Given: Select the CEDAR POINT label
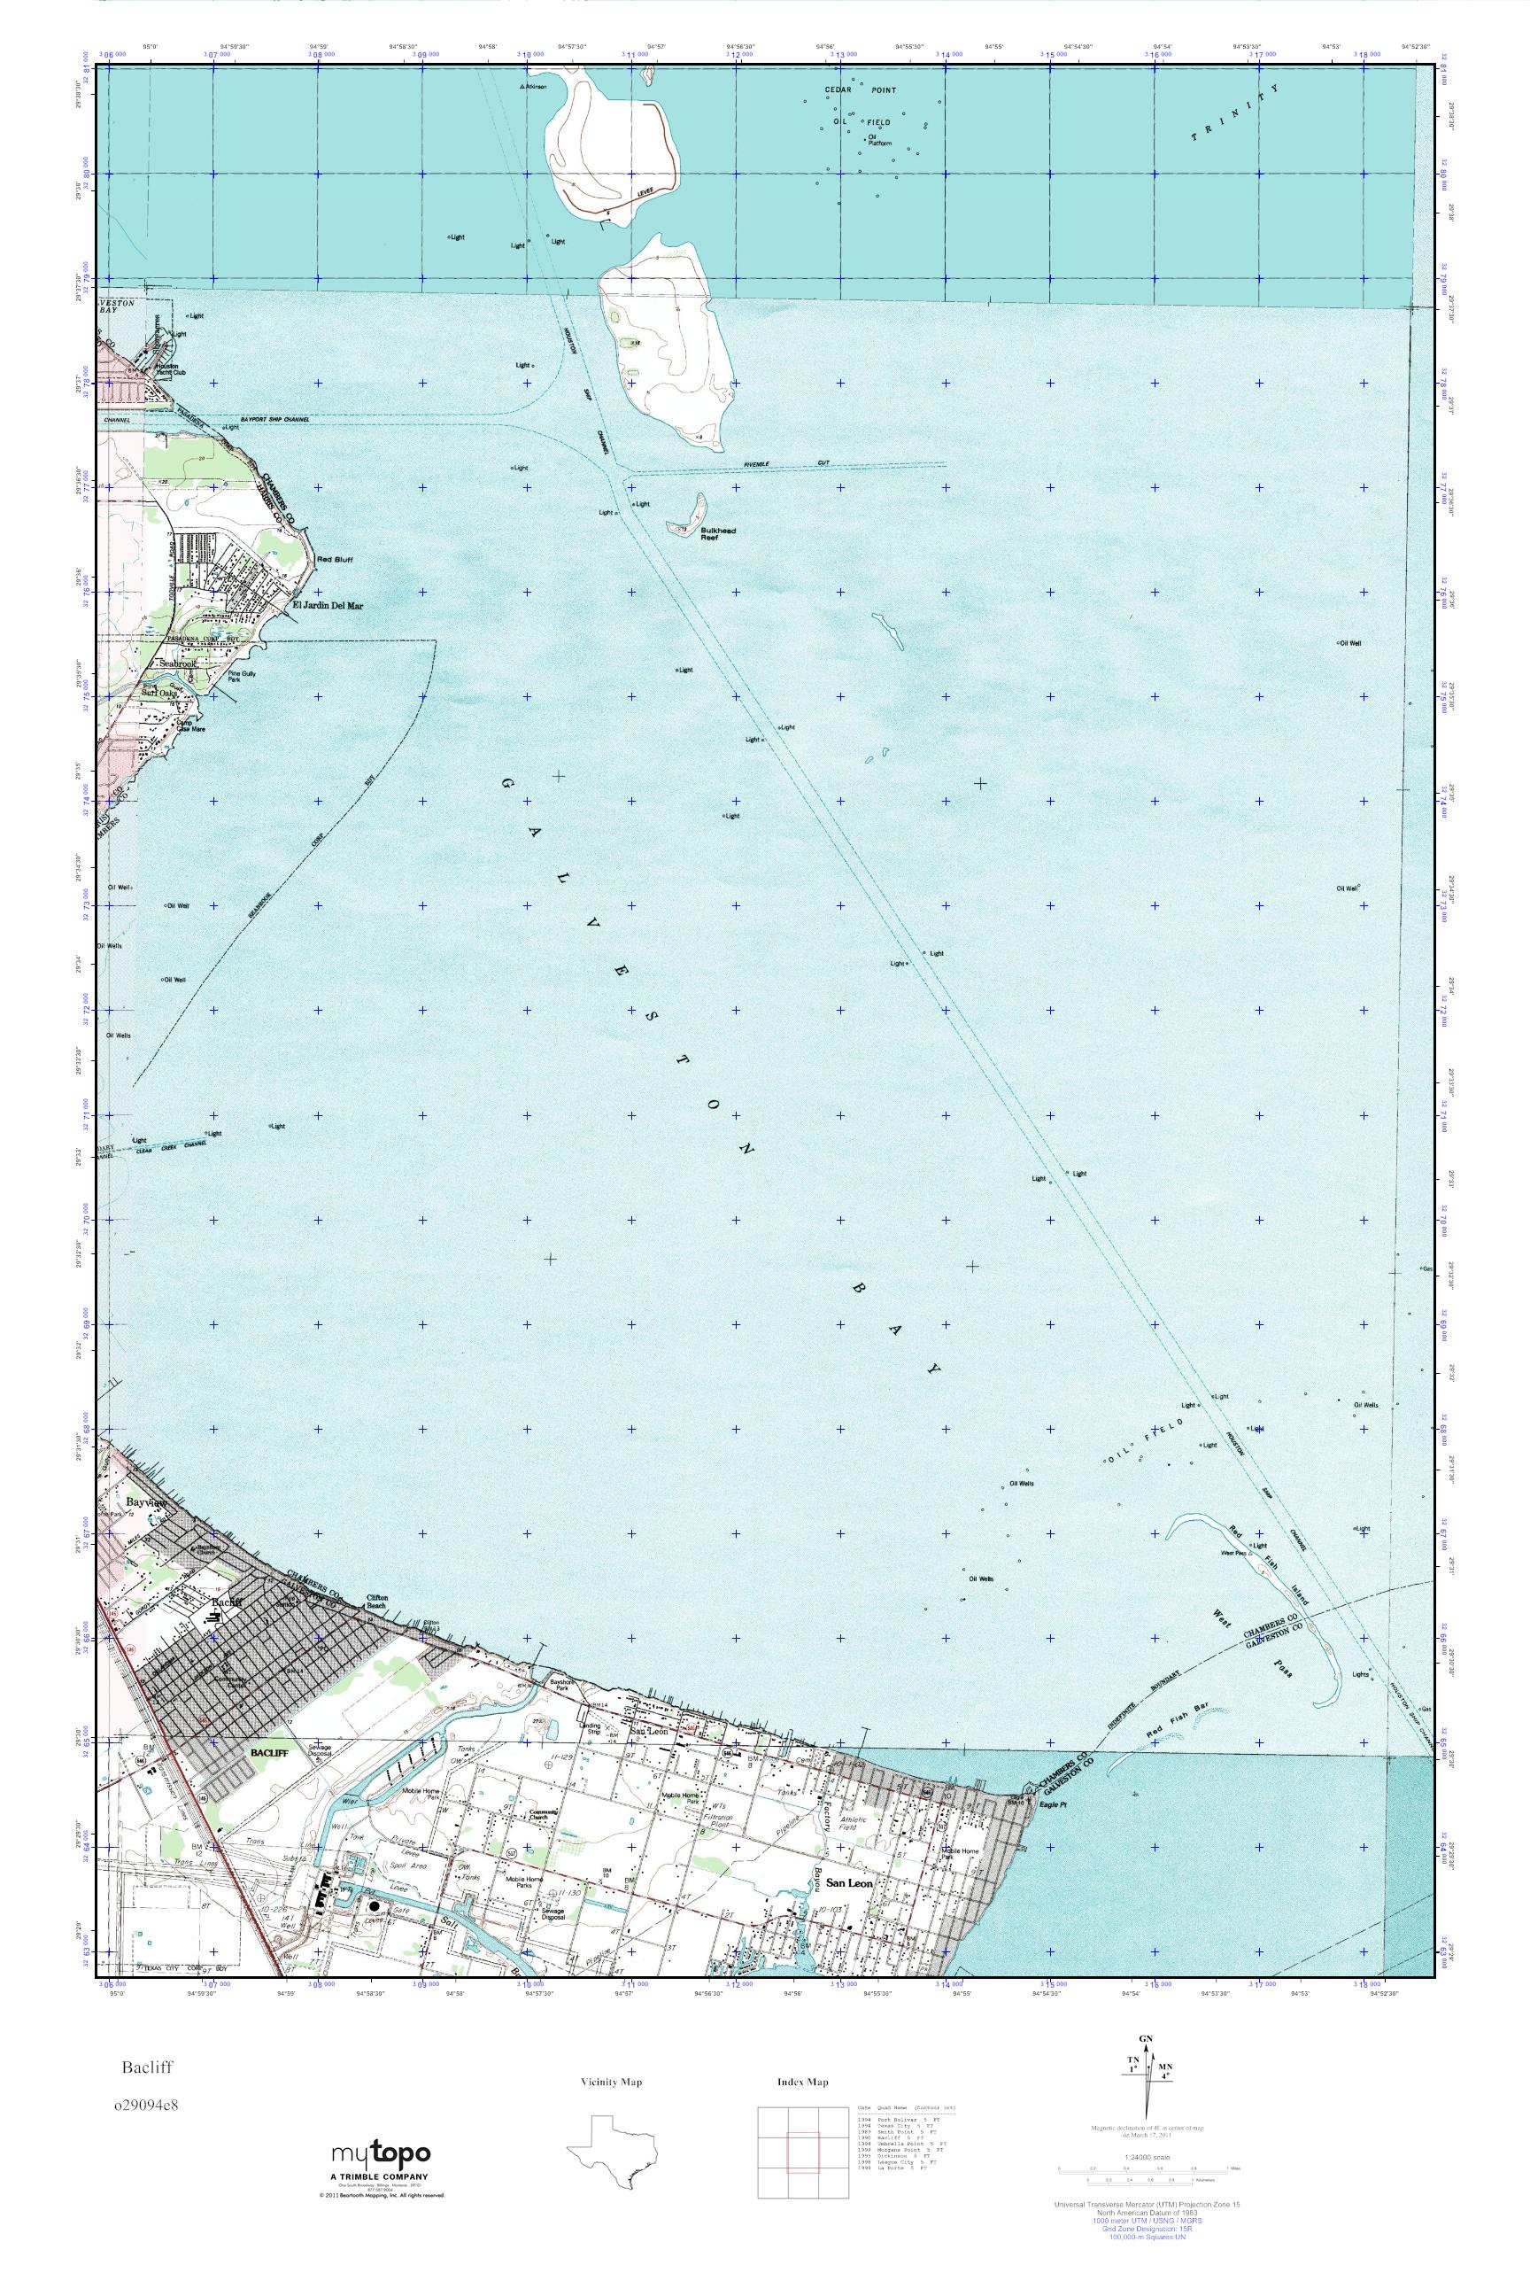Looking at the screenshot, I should coord(860,89).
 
